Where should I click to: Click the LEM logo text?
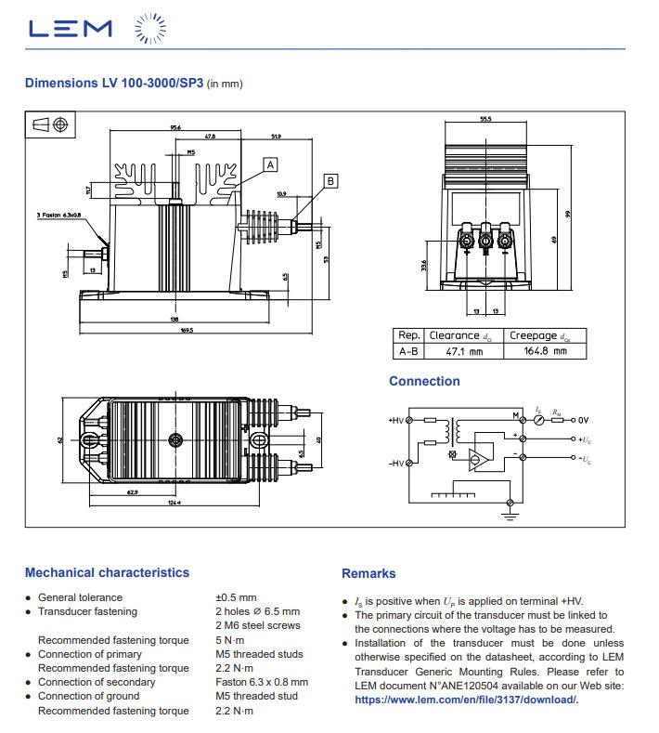[x=70, y=30]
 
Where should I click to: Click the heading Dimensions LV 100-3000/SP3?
[x=113, y=83]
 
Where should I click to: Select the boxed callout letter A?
[x=270, y=164]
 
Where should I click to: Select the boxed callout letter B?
[x=331, y=181]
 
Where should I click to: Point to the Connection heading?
[x=424, y=381]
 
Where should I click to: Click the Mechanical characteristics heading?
[x=107, y=572]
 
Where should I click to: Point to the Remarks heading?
[x=368, y=573]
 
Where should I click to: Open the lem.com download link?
[x=467, y=700]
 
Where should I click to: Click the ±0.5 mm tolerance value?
[x=236, y=597]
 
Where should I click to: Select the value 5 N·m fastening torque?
[x=229, y=640]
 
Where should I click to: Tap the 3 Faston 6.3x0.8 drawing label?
[x=59, y=215]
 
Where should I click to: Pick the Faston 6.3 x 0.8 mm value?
[x=262, y=682]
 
